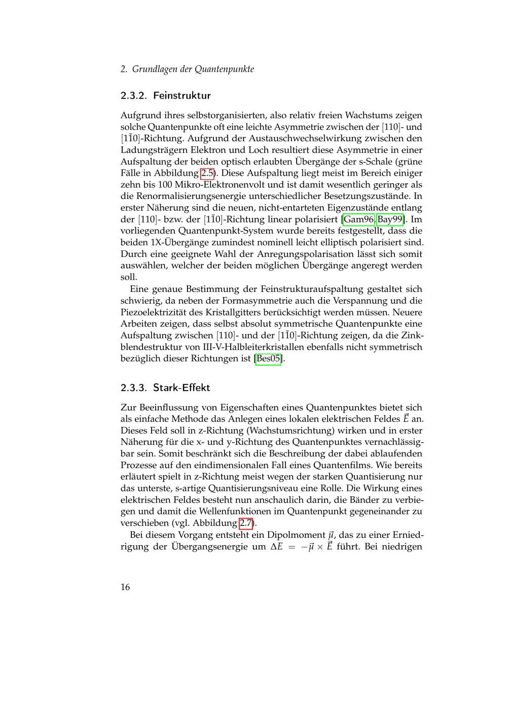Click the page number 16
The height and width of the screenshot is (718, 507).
125,587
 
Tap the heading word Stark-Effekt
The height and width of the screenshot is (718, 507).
182,387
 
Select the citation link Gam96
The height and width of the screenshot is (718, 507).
359,219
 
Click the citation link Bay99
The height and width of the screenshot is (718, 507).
390,219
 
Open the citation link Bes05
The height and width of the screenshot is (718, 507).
268,359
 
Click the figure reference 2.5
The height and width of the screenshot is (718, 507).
207,173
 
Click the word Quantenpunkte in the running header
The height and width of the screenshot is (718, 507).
224,69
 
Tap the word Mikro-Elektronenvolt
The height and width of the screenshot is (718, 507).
212,185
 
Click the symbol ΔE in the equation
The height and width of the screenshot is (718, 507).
276,547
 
